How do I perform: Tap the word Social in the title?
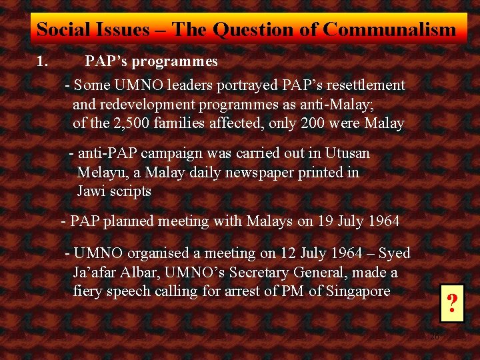pyautogui.click(x=59, y=29)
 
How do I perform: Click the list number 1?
pyautogui.click(x=42, y=62)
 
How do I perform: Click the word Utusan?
pyautogui.click(x=347, y=153)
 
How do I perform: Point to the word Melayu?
pyautogui.click(x=99, y=172)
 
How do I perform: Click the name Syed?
pyautogui.click(x=394, y=253)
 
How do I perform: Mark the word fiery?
pyautogui.click(x=89, y=291)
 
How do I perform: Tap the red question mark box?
pyautogui.click(x=452, y=304)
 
